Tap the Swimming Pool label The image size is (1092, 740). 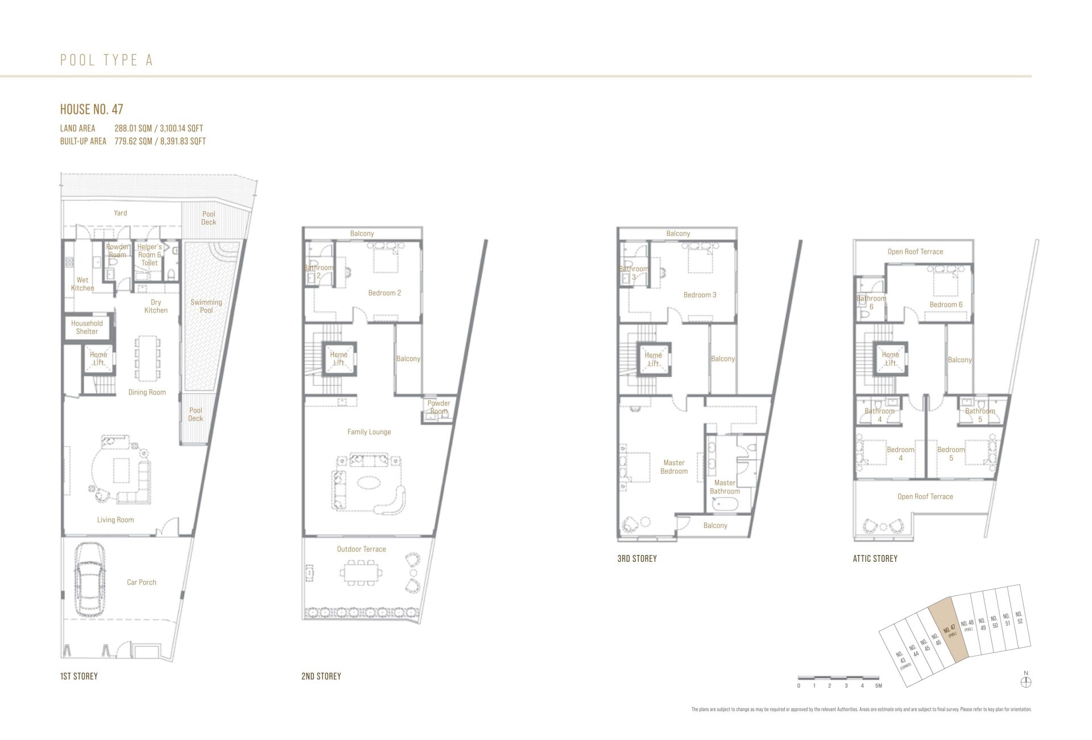206,306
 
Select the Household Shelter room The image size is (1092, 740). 87,327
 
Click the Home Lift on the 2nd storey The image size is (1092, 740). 339,359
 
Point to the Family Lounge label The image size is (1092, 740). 369,432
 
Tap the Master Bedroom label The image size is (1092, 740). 674,467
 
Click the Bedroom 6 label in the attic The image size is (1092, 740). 946,305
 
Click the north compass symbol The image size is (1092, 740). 1026,681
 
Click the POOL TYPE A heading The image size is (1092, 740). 106,60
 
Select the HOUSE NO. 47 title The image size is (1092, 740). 92,109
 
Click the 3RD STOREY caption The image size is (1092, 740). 636,558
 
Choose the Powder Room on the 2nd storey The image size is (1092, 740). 439,408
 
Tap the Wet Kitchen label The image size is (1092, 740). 82,284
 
